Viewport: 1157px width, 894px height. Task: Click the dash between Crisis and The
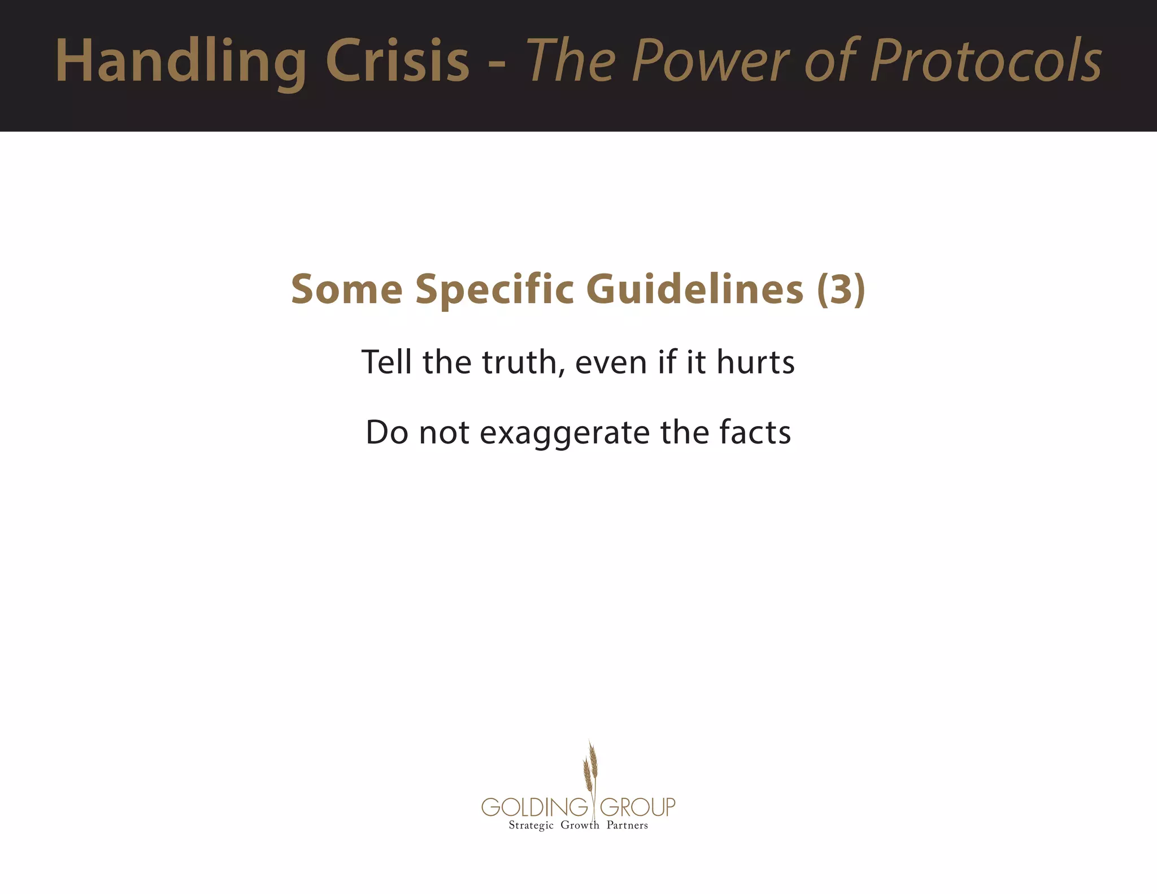(x=497, y=63)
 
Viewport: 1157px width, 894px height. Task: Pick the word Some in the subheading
(x=346, y=289)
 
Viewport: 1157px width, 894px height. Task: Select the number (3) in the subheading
(x=841, y=289)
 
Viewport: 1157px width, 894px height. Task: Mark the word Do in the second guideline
(x=386, y=432)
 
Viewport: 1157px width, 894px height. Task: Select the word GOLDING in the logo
(x=534, y=806)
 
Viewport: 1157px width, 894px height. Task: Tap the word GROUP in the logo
(x=637, y=806)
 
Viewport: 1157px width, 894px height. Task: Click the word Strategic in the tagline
(x=531, y=826)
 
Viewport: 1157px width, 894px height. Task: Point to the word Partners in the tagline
(x=627, y=825)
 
